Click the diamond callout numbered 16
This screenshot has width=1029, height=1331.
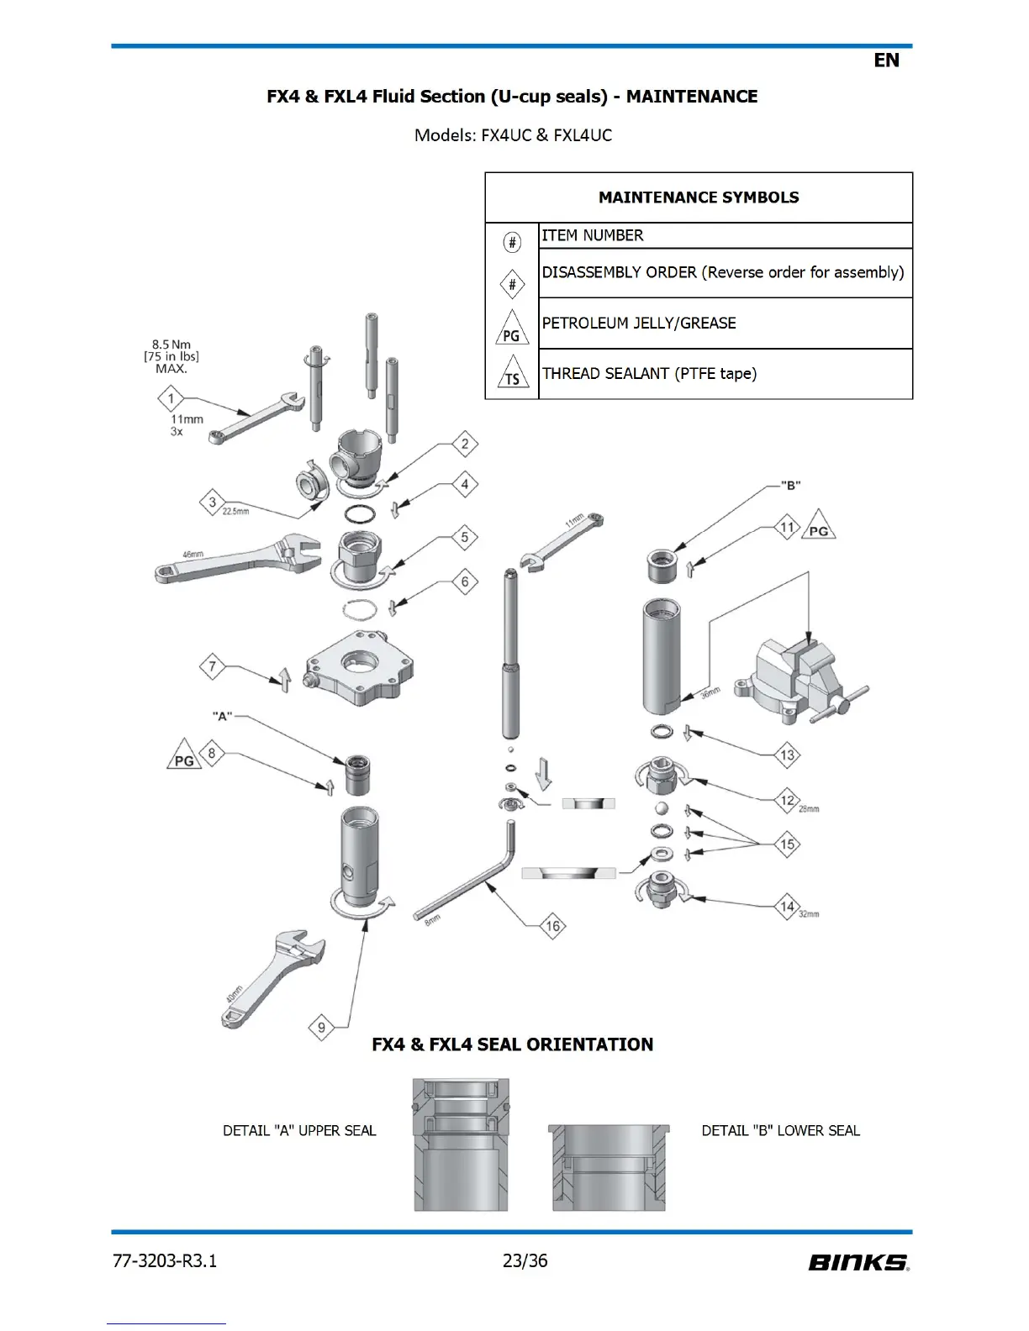click(552, 926)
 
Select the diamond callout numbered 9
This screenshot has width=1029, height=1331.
click(321, 1027)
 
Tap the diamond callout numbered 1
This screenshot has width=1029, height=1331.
click(171, 398)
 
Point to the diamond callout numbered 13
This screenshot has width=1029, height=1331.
click(787, 755)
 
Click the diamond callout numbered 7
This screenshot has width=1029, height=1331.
click(213, 667)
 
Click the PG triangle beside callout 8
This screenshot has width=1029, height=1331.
click(184, 756)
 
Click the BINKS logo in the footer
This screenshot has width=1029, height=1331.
click(858, 1262)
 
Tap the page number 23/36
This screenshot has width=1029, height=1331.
click(525, 1260)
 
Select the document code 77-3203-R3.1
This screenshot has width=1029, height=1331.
click(165, 1260)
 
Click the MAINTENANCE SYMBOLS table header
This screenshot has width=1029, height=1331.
click(699, 197)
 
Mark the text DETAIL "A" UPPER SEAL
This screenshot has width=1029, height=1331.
click(299, 1131)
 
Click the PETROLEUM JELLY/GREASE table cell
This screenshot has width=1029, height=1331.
click(639, 324)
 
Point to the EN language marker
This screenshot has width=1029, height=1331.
click(886, 60)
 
